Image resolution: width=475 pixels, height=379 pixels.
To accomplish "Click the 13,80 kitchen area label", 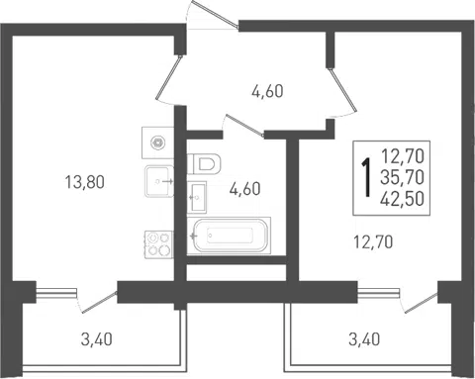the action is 85,182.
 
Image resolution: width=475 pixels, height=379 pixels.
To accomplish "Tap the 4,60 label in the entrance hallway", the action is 267,91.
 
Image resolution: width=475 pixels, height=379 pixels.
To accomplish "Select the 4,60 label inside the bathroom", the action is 245,189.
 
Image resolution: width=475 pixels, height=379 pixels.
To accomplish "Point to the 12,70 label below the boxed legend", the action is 373,242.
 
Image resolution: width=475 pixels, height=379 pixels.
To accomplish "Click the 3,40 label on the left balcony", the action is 97,339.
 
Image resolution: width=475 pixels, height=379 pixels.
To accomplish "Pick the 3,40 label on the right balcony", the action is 364,339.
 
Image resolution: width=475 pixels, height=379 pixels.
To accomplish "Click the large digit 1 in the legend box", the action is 366,177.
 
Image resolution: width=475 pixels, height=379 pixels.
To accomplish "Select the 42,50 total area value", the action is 402,199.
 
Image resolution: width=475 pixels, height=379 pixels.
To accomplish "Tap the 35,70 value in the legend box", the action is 402,177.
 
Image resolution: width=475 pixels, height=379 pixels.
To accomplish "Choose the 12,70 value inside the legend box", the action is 402,156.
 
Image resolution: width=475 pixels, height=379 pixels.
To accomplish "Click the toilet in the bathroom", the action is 204,163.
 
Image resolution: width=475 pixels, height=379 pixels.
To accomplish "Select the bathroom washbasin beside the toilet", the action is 197,197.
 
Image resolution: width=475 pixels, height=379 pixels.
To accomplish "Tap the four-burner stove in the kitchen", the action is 158,244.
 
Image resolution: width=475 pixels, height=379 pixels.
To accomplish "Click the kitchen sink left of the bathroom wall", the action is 159,181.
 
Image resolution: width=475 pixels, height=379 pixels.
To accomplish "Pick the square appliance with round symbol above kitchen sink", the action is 157,142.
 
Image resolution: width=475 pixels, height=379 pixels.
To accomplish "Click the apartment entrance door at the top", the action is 215,14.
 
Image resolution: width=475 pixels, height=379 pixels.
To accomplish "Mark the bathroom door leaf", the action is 244,126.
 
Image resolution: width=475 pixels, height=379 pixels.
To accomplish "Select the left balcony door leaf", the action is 99,302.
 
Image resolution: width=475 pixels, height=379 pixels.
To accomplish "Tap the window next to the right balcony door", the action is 379,293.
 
